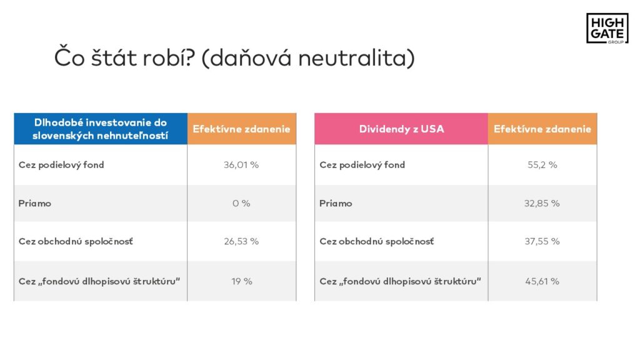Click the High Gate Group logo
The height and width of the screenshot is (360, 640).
[x=607, y=28]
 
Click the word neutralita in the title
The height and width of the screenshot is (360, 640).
[x=356, y=57]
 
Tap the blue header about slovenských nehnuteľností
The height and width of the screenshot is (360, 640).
[x=101, y=129]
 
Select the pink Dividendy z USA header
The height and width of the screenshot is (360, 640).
[x=401, y=129]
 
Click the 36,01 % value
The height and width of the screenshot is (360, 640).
[x=241, y=165]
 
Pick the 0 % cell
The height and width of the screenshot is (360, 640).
[x=241, y=203]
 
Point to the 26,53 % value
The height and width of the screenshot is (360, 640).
[x=241, y=241]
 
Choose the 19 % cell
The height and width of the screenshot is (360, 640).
[x=242, y=281]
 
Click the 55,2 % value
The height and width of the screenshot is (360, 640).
[x=542, y=165]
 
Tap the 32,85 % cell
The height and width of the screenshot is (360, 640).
[x=542, y=203]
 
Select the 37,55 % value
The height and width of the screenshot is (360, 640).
[x=542, y=241]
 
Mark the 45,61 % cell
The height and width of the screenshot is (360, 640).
[x=542, y=281]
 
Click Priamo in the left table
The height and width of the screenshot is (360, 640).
[x=35, y=203]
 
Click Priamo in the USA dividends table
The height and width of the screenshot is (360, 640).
[x=336, y=203]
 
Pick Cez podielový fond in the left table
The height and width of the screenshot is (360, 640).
[x=61, y=165]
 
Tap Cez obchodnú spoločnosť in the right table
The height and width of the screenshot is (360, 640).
[x=376, y=241]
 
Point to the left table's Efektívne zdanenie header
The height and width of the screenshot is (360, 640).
[x=242, y=129]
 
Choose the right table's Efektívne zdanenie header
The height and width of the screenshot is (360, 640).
[x=542, y=129]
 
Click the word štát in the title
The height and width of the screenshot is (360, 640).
[x=114, y=57]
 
